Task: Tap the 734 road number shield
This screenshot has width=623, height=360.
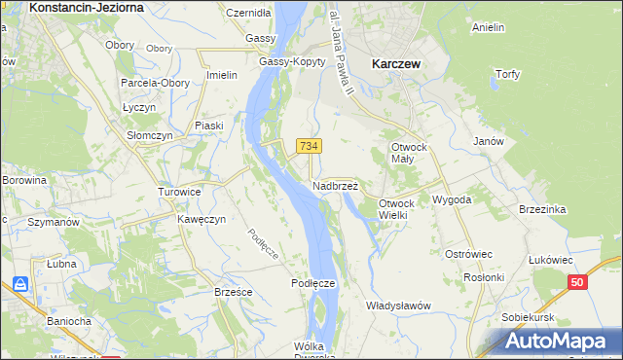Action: pos(309,146)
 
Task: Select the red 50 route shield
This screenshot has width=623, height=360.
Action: pos(578,282)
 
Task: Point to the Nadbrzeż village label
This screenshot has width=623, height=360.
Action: pos(336,185)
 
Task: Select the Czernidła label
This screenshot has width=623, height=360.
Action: pos(248,14)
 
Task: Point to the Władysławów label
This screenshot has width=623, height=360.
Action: pos(398,306)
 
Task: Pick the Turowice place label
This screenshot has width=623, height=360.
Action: pos(179,193)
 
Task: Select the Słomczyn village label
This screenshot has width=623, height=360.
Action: pos(150,136)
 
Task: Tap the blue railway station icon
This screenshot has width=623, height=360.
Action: pos(20,285)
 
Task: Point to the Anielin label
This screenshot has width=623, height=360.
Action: pos(488,28)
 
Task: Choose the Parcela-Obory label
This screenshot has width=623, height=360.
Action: pos(153,83)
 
